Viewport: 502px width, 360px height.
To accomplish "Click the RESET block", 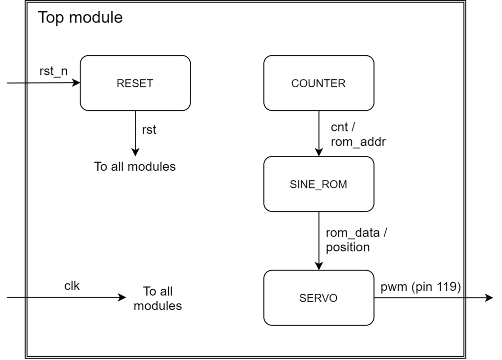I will [135, 83].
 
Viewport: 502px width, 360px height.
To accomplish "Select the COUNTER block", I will [318, 83].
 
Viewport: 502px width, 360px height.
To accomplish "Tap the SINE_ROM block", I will [318, 184].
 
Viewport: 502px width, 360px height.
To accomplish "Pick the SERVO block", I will [318, 298].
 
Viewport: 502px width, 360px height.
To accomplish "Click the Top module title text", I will [80, 18].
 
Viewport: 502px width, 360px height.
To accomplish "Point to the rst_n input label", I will [53, 71].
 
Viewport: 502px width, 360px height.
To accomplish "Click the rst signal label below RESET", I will [149, 130].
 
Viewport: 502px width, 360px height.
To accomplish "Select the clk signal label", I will [72, 286].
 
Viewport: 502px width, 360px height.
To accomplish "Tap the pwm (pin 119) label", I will [421, 287].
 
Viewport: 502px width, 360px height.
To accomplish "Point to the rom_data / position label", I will [356, 240].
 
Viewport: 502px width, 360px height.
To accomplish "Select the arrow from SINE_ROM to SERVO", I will [319, 240].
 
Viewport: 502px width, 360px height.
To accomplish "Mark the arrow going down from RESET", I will [135, 132].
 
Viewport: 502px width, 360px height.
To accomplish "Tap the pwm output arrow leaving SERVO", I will [431, 298].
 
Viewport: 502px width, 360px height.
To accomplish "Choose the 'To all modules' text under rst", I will [135, 166].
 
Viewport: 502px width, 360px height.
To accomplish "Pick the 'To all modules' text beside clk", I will [158, 298].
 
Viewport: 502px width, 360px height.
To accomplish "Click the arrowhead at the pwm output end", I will [489, 298].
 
